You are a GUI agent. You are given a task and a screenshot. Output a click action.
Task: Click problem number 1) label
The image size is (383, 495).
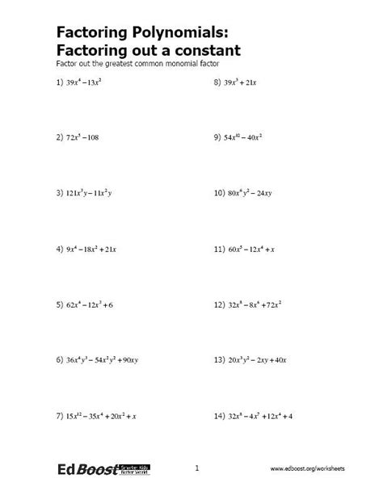[x=60, y=83]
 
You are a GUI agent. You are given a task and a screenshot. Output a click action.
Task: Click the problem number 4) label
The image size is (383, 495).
[x=60, y=250]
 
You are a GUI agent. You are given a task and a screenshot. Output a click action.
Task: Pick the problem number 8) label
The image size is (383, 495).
[x=217, y=83]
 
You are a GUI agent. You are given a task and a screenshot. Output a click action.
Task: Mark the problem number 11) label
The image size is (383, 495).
[x=219, y=250]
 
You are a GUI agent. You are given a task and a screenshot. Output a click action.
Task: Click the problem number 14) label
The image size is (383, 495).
[x=219, y=415]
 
